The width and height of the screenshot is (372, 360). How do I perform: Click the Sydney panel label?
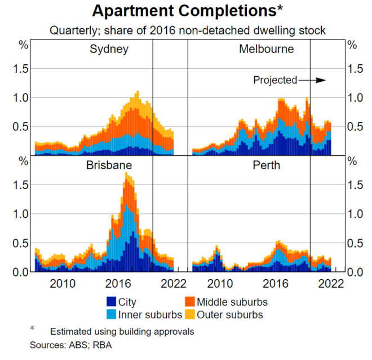coord(109,49)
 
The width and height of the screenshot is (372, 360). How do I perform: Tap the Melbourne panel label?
coord(266,49)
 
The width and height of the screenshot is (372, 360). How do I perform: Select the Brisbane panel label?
coord(109,166)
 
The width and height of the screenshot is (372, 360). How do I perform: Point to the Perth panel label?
coord(266,166)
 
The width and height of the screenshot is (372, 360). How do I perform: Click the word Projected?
coord(275,80)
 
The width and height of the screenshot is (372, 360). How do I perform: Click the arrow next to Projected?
coord(313,80)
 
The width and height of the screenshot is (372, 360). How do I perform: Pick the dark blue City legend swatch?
coord(112,302)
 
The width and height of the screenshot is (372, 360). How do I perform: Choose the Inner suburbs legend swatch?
coord(112,314)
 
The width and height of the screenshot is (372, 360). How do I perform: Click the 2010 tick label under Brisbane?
coord(62,283)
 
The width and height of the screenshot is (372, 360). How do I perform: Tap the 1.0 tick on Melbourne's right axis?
coord(355,98)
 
